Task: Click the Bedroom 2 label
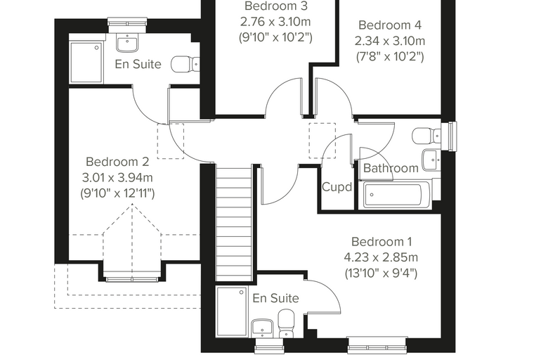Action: [117, 162]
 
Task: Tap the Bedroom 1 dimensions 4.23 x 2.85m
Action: [381, 257]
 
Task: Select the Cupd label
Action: [337, 187]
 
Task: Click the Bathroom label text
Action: [391, 168]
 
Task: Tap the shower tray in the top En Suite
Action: [86, 63]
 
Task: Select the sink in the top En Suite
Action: [127, 44]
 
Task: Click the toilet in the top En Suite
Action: [185, 64]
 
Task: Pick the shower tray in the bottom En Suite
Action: [232, 311]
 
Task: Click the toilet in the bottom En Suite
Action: [286, 323]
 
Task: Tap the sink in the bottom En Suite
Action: [261, 328]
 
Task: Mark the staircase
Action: [233, 223]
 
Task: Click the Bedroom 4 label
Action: [389, 25]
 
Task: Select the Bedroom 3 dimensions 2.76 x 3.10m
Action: [275, 22]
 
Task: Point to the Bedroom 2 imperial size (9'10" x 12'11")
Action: [117, 193]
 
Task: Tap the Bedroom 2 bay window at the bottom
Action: [132, 280]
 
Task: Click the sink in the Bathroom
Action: [431, 160]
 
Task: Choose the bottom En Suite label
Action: [276, 298]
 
